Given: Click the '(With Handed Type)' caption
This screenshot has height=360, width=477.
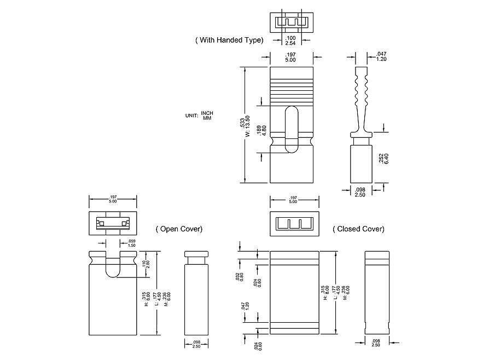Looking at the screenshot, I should point(229,40).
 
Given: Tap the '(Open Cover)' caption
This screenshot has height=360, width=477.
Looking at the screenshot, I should point(179,229).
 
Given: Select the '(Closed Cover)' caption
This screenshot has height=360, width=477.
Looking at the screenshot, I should point(358,229).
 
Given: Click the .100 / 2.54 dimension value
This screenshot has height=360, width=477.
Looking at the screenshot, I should point(291,40).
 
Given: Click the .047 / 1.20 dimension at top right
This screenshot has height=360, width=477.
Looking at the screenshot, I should point(381,57).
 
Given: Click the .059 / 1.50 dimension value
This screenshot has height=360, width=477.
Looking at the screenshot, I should point(131,243).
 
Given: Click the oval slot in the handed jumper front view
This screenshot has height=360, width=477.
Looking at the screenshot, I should point(292,129).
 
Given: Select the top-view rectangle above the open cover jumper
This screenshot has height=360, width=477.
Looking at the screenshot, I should point(112,223).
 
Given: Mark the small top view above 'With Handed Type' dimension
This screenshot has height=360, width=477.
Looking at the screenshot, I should point(292,22).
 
